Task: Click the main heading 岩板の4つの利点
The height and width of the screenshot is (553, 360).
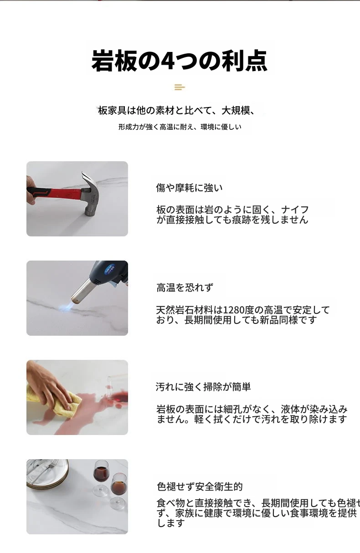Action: pos(180,61)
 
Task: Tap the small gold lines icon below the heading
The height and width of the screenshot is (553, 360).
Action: pos(180,87)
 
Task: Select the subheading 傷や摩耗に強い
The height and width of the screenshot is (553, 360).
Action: pos(189,188)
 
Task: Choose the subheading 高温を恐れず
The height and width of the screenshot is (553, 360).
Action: pos(185,287)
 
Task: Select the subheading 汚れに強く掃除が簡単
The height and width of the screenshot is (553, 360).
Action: pos(203,387)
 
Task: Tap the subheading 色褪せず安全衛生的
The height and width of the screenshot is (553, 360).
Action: pos(200,486)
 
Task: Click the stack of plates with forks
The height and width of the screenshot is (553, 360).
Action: pos(47,473)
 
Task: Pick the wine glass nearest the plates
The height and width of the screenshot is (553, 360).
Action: pos(101,476)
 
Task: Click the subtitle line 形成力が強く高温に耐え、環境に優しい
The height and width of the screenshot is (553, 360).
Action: pos(180,127)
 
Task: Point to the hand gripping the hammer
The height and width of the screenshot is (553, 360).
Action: pos(31,190)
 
